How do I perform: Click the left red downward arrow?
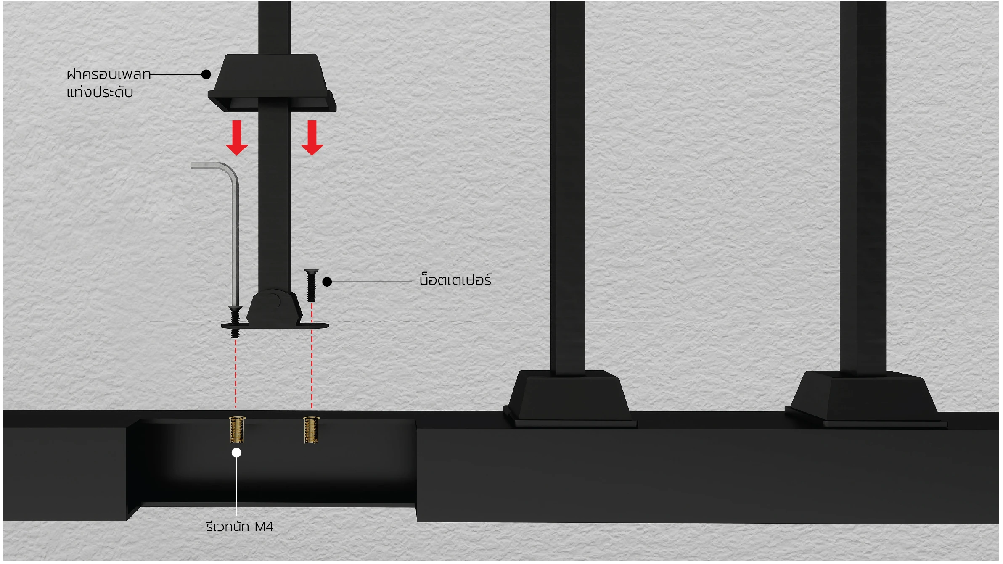click(x=237, y=138)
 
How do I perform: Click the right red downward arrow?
click(x=312, y=138)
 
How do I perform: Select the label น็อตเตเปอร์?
click(x=455, y=279)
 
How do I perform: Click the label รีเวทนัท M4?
click(x=240, y=526)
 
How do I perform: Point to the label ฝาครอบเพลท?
click(x=109, y=74)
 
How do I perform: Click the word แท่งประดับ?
click(x=100, y=92)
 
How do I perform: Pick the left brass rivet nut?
click(x=237, y=430)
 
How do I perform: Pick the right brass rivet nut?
click(x=311, y=430)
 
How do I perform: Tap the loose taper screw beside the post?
click(x=311, y=285)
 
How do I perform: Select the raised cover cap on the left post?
click(x=272, y=83)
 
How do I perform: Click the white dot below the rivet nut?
click(x=236, y=453)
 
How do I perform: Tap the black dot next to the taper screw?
click(x=327, y=282)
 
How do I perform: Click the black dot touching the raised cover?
click(x=206, y=74)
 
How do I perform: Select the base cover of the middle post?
click(x=570, y=399)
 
